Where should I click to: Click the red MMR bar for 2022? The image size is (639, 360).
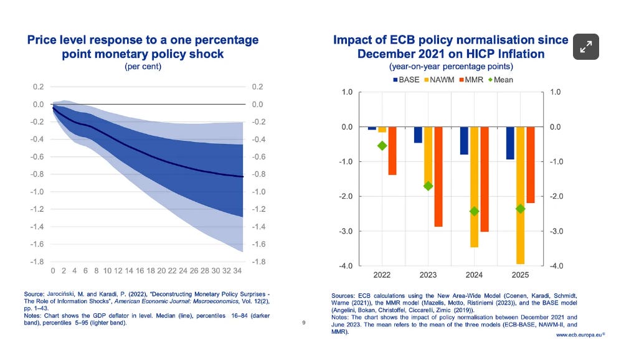pos(392,151)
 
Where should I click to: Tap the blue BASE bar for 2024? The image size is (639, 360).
pos(464,141)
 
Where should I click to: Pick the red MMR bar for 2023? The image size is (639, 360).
pos(438,177)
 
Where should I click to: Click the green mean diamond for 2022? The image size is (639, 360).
pos(382,146)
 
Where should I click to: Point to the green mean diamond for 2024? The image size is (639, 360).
pos(475,211)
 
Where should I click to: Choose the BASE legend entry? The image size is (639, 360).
pos(405,80)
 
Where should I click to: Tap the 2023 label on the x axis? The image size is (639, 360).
pos(428,275)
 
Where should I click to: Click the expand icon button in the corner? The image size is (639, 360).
pos(586,46)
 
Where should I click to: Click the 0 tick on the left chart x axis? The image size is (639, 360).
pos(54,272)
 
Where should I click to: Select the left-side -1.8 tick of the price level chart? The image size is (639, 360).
pos(38,262)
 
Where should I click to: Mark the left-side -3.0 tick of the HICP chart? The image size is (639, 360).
pos(346,232)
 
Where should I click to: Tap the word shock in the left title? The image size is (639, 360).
pos(207,54)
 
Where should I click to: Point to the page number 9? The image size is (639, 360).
pos(303,323)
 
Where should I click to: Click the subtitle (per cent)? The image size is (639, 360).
pos(143,67)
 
